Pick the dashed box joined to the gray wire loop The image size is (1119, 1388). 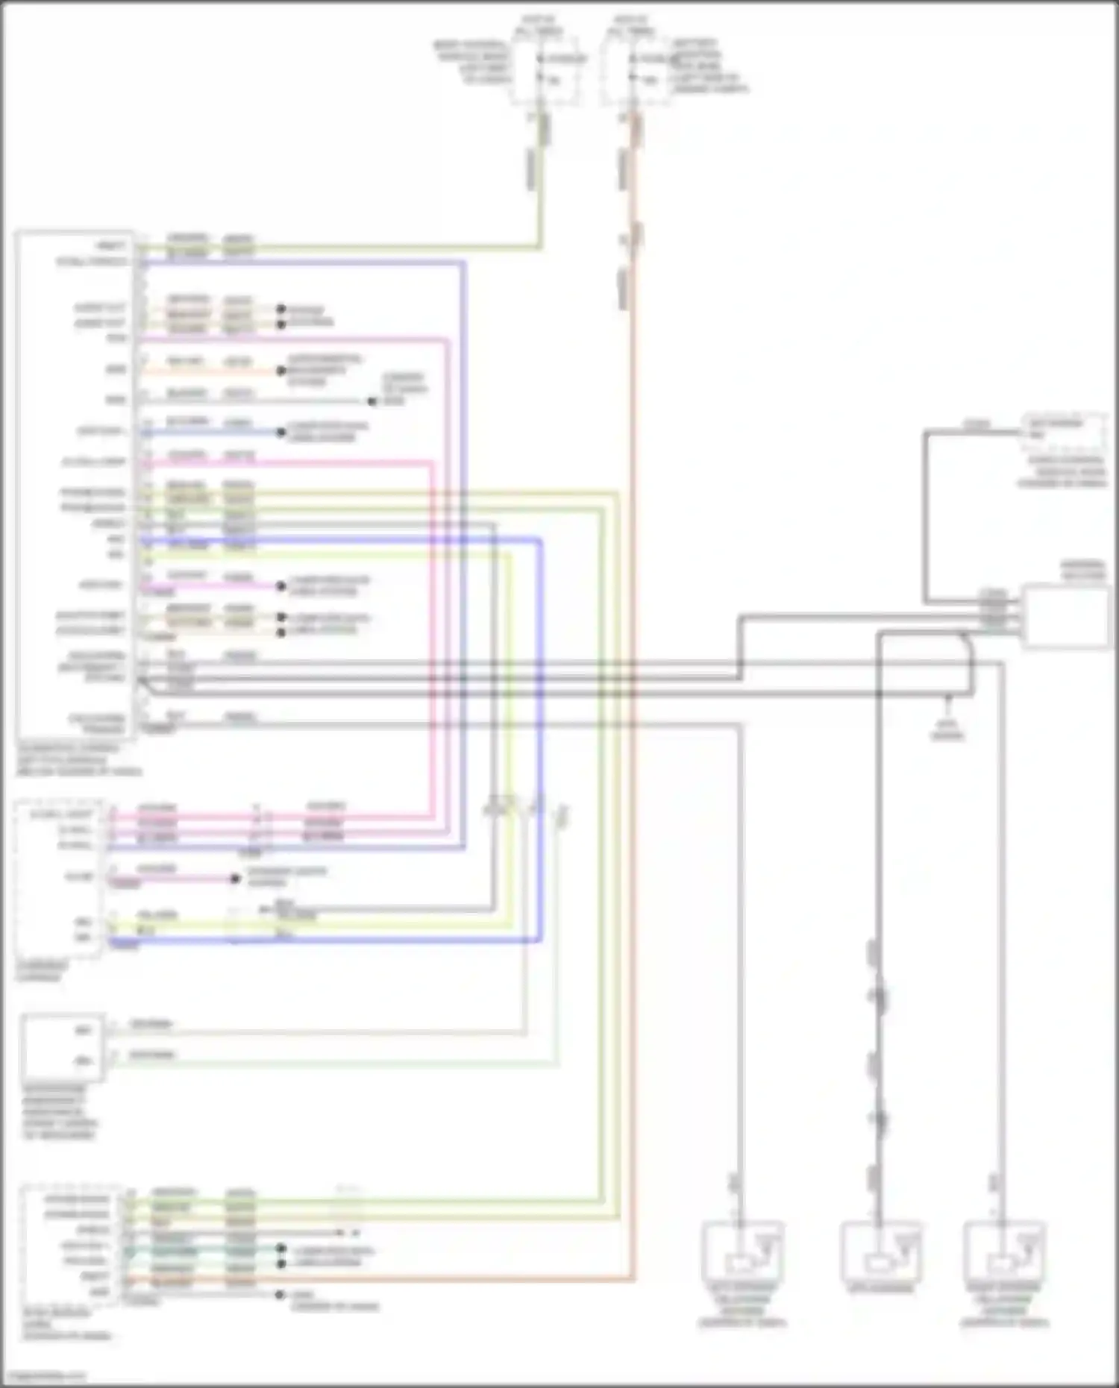(x=1064, y=433)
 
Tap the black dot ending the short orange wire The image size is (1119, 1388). (x=281, y=371)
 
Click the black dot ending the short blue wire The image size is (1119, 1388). (x=281, y=432)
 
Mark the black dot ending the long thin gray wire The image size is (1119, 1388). (x=372, y=401)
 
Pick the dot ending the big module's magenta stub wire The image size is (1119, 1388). (x=281, y=586)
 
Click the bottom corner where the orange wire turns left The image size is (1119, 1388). (x=633, y=1280)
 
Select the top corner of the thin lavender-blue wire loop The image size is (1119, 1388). (x=464, y=263)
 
